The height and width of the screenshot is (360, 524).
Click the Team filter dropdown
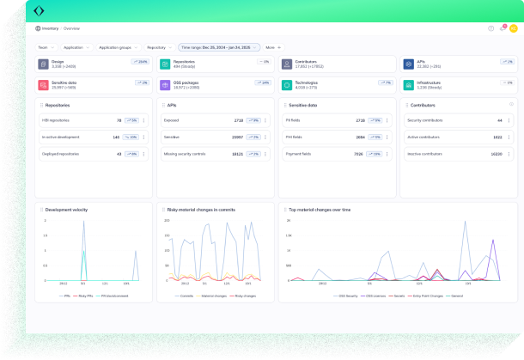(44, 47)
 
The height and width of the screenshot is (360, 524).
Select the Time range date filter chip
(219, 47)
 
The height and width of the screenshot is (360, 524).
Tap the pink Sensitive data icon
(43, 85)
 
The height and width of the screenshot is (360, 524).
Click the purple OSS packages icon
(165, 85)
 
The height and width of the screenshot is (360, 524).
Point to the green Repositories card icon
(165, 64)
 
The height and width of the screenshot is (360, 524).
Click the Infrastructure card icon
(409, 85)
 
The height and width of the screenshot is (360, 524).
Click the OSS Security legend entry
(346, 294)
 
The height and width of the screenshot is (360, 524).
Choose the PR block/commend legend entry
(113, 294)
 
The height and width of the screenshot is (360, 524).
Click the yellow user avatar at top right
(513, 28)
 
